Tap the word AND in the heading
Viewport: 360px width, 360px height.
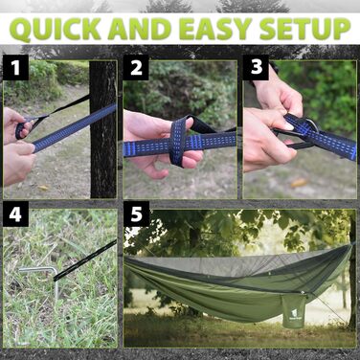(140, 29)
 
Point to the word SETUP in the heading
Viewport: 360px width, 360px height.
(304, 29)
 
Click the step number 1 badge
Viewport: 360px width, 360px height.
(15, 67)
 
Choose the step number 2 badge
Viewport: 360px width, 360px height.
(136, 67)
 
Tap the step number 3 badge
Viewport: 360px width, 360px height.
(256, 67)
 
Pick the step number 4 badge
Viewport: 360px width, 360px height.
(15, 214)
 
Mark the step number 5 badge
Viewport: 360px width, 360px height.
(136, 214)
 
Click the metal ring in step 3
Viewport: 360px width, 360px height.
(311, 126)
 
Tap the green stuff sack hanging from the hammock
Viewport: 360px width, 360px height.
(293, 310)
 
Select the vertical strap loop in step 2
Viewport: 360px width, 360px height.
(178, 140)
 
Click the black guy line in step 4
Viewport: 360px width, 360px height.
(85, 260)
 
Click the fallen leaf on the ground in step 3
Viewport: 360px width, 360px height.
(299, 183)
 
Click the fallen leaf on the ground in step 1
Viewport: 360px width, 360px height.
(43, 188)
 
